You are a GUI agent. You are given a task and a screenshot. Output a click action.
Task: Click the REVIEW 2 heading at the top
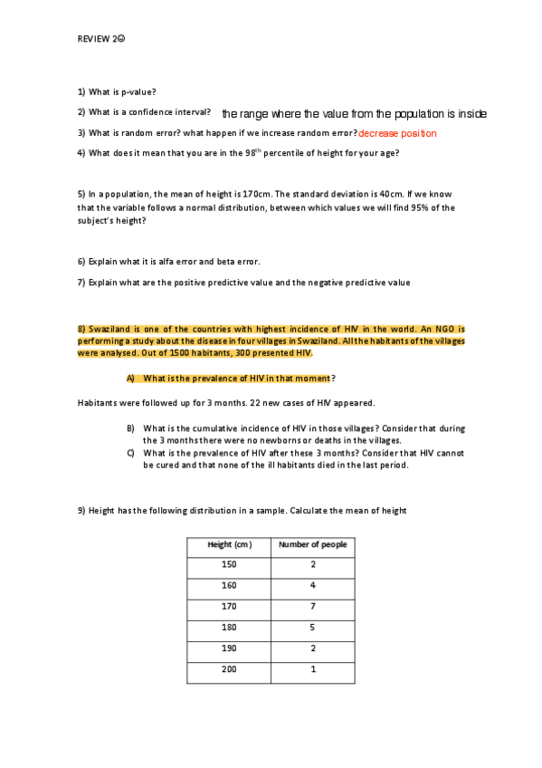[100, 39]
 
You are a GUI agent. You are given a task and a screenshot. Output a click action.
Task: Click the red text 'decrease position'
[397, 133]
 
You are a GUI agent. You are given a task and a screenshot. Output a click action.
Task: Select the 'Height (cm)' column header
[229, 544]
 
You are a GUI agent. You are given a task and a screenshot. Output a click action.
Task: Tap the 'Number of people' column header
[312, 544]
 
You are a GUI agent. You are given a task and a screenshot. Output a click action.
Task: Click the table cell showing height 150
[229, 564]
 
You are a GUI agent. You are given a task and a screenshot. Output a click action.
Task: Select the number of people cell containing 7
[312, 606]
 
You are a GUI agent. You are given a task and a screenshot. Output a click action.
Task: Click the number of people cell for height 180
[312, 627]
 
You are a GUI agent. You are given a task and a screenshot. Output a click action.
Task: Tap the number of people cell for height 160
[312, 585]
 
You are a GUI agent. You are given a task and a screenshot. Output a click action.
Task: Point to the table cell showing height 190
[229, 648]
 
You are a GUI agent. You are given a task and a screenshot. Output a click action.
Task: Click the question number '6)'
[81, 261]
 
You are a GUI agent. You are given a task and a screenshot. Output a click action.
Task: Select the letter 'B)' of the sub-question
[130, 427]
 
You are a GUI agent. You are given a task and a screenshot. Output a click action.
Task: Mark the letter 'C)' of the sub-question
[130, 453]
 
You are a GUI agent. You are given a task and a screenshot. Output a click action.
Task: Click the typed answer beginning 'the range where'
[354, 114]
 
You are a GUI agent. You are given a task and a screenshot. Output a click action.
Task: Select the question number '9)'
[81, 511]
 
